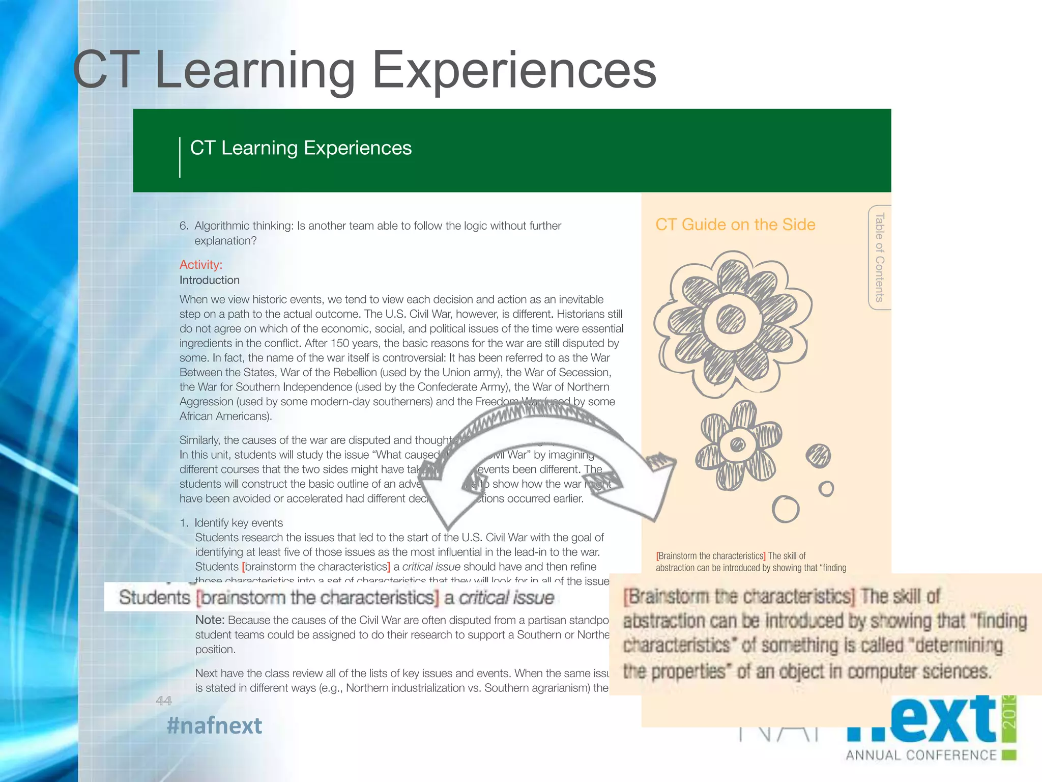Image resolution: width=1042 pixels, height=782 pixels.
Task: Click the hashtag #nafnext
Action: (x=214, y=725)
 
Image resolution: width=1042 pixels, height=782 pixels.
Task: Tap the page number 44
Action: (x=163, y=701)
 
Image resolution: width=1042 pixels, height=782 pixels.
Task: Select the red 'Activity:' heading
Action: (x=201, y=265)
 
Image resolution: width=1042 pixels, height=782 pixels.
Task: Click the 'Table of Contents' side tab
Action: (x=879, y=257)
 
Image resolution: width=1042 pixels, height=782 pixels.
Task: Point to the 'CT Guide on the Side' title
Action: (x=735, y=225)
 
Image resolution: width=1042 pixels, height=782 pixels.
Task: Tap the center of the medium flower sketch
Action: (x=737, y=445)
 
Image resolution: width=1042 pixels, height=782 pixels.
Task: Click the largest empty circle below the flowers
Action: (x=785, y=509)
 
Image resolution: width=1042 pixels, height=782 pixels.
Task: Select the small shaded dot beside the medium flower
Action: (x=818, y=456)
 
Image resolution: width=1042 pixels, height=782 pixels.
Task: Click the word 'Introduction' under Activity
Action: (x=210, y=280)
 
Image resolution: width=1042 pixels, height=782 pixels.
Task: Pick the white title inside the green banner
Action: (x=301, y=148)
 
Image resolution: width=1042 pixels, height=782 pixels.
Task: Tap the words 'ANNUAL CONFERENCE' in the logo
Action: (x=921, y=755)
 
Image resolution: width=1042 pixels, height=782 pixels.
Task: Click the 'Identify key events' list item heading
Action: (x=238, y=523)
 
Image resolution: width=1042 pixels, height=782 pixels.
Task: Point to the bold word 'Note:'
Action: (x=210, y=620)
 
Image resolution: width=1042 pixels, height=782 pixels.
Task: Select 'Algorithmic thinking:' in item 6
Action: (x=244, y=226)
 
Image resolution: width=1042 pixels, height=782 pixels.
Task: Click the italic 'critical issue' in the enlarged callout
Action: (x=506, y=597)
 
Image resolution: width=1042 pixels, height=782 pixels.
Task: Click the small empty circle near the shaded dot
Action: (x=826, y=489)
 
